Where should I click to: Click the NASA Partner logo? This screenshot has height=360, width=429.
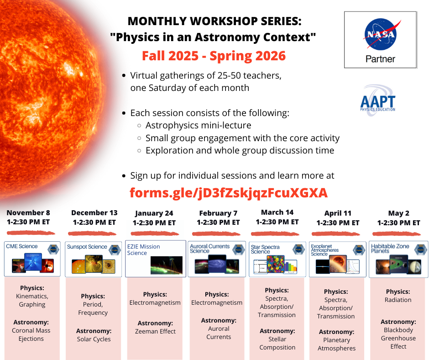pos(380,40)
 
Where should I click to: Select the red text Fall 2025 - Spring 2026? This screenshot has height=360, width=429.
pos(214,56)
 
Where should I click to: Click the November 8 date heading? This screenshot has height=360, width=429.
pos(28,212)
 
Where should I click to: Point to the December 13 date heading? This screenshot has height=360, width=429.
pos(94,213)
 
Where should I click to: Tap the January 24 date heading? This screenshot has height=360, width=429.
pos(154,213)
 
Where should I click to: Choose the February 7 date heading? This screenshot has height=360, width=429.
pos(218,213)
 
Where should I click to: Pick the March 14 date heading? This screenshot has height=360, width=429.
pos(277,212)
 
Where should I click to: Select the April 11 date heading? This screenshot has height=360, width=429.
pos(338,213)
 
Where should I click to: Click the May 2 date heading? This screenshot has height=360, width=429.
pos(398,213)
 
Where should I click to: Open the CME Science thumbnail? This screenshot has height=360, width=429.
pos(33,259)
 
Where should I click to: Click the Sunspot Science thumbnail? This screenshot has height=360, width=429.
pos(94,259)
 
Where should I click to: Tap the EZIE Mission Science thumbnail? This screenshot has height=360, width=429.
pos(155,259)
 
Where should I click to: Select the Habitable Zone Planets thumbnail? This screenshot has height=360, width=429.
pos(399,259)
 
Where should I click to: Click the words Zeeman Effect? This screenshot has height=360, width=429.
pos(155,331)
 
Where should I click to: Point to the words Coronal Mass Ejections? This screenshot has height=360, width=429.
pos(32,334)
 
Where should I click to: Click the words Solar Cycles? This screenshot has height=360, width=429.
pos(94,339)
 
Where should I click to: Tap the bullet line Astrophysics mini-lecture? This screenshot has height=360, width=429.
pos(198,125)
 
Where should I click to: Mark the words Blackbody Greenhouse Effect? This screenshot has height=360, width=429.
pos(398,338)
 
